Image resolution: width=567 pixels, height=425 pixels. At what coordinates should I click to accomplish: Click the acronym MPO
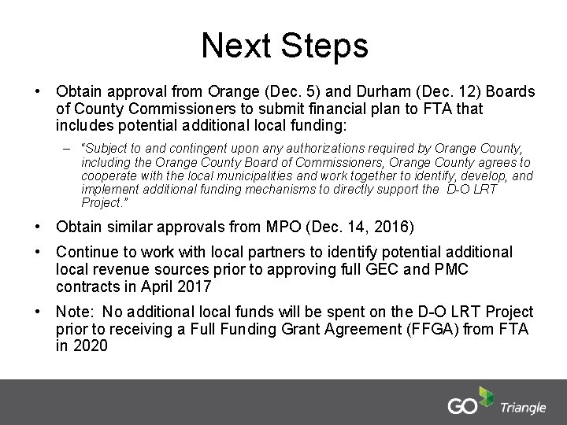pos(287,228)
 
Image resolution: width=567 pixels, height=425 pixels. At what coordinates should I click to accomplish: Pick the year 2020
pos(90,346)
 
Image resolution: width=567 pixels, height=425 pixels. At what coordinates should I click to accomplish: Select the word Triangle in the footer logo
pos(522,407)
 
